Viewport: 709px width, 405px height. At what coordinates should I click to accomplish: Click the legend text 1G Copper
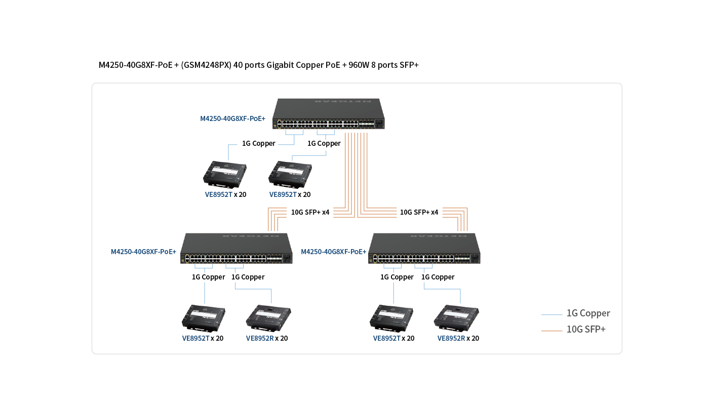(588, 313)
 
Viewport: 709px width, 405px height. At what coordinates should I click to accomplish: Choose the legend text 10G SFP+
(586, 330)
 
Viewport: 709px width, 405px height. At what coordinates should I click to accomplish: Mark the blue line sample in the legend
(552, 315)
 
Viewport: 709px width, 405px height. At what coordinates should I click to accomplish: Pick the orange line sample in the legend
(552, 331)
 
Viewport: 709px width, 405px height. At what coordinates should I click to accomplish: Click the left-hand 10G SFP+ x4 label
(310, 212)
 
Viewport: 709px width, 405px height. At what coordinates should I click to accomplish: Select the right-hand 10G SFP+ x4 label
(419, 212)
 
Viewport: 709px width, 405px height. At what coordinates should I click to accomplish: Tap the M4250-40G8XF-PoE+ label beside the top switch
(232, 119)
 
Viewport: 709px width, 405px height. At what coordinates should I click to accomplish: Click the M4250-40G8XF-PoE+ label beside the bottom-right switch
(333, 252)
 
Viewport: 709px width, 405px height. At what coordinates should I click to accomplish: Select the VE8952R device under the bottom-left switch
(268, 316)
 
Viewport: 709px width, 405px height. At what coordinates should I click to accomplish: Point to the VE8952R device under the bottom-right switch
(457, 316)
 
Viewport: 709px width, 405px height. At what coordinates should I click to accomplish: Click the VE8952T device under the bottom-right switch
(392, 317)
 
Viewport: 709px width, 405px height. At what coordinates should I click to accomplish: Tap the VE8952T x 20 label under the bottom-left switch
(203, 338)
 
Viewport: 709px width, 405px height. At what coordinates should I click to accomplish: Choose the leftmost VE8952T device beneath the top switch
(225, 173)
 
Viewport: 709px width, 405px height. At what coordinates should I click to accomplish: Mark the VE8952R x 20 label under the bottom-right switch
(458, 338)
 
